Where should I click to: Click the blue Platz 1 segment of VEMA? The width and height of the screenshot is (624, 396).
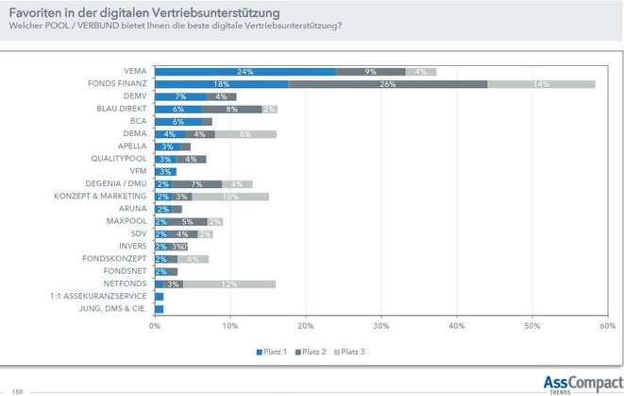(x=245, y=71)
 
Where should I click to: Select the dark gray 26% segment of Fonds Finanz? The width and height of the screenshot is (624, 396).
(x=388, y=83)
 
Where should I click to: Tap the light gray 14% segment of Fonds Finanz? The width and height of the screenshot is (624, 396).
(x=541, y=83)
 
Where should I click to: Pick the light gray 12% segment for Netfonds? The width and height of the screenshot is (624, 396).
(x=229, y=283)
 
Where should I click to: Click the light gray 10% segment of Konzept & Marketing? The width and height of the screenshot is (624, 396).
(x=230, y=196)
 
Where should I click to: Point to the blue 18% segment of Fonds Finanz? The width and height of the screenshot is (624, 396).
(x=222, y=83)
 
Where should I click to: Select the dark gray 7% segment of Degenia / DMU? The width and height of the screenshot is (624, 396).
(x=196, y=183)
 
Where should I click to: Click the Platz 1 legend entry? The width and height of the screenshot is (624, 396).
(x=273, y=352)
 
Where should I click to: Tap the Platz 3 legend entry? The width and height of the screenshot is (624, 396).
(x=349, y=352)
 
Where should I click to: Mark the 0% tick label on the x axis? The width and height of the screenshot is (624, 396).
(x=155, y=327)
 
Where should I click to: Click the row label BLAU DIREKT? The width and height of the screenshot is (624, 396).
(x=122, y=109)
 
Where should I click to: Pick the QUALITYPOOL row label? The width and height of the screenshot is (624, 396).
(x=118, y=159)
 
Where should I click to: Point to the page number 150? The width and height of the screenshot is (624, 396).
(x=17, y=390)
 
